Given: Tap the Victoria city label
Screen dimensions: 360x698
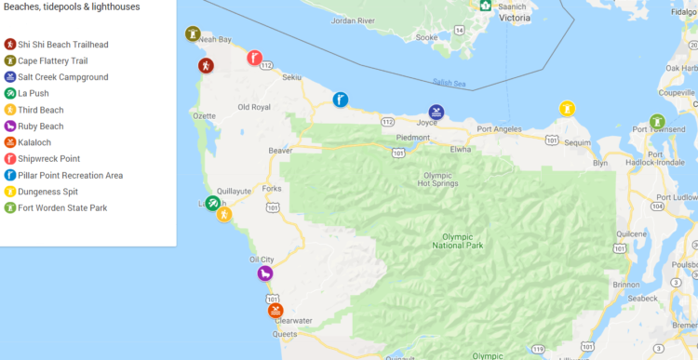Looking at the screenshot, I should [515, 17].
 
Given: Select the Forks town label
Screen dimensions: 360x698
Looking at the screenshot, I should [271, 189].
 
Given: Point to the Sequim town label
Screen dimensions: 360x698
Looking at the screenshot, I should [577, 143].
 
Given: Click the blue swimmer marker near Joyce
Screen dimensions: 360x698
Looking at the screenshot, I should [436, 113].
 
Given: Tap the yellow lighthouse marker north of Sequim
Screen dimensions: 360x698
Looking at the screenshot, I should [566, 109].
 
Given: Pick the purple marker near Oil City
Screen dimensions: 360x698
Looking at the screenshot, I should [265, 273].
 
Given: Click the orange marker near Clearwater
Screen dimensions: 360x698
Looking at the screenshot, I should [275, 310].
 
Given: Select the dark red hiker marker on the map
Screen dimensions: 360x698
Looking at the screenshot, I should [206, 66].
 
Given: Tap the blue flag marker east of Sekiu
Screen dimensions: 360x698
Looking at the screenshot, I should [341, 100].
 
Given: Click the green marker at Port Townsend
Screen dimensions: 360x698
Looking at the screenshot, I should [657, 122].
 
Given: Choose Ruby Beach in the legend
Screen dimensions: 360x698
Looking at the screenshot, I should [40, 127].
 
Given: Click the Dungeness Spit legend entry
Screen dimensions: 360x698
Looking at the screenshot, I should [48, 192].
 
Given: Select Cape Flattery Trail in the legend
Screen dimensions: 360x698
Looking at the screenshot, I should [52, 60].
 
